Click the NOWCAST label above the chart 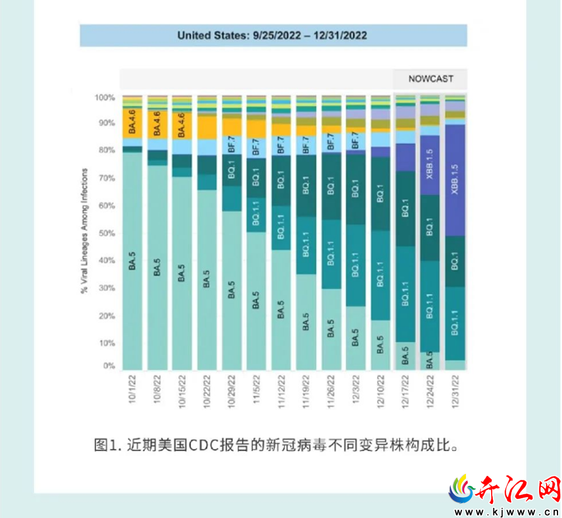pyautogui.click(x=431, y=79)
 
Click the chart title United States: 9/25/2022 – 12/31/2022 pyautogui.click(x=273, y=35)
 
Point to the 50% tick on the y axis pyautogui.click(x=107, y=233)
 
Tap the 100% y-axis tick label pyautogui.click(x=105, y=97)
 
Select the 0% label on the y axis pyautogui.click(x=109, y=366)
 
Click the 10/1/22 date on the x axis pyautogui.click(x=132, y=389)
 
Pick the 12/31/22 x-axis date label pyautogui.click(x=455, y=392)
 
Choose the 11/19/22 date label pyautogui.click(x=306, y=392)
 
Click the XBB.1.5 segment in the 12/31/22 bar pyautogui.click(x=455, y=180)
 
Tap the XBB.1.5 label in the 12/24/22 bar pyautogui.click(x=430, y=164)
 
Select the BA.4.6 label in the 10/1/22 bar pyautogui.click(x=132, y=122)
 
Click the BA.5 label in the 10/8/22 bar pyautogui.click(x=157, y=267)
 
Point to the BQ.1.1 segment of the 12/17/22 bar pyautogui.click(x=405, y=294)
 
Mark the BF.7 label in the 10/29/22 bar pyautogui.click(x=232, y=144)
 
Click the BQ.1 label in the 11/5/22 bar pyautogui.click(x=256, y=177)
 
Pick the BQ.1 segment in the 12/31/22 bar pyautogui.click(x=455, y=261)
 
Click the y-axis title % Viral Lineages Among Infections pyautogui.click(x=84, y=231)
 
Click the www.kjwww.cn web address pyautogui.click(x=506, y=512)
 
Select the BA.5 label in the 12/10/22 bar pyautogui.click(x=380, y=344)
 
